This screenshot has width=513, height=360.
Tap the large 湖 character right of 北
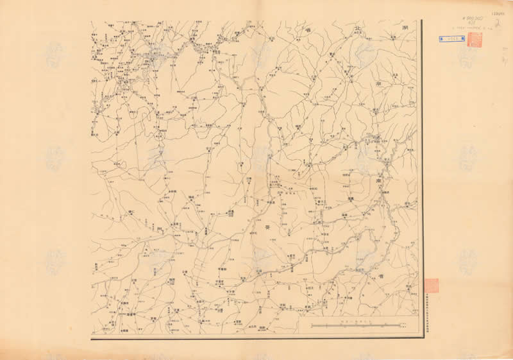(x=405, y=29)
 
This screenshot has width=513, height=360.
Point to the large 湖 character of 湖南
(x=380, y=83)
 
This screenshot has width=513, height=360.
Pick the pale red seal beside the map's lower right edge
(x=431, y=284)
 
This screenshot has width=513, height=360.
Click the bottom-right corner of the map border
(x=421, y=338)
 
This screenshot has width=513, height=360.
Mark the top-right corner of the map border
(x=421, y=19)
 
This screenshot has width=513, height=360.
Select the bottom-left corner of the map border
(x=91, y=338)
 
